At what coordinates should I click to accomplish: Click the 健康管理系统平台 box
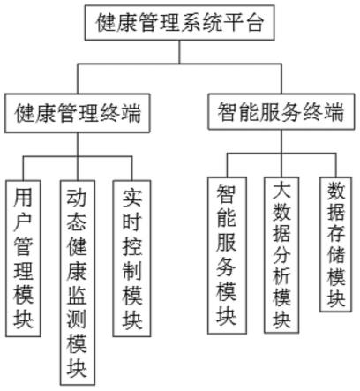coord(180,23)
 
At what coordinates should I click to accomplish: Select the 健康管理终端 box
coord(78,113)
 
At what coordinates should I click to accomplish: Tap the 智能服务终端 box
coord(281,111)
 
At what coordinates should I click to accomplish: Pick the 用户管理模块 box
coord(23,259)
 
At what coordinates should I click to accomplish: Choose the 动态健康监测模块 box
coord(78,282)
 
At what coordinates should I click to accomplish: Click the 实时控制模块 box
coord(132,259)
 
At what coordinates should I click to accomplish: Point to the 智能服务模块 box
coord(227,255)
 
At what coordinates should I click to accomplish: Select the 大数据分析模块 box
coord(281,255)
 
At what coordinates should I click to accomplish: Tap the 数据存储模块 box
coord(335,244)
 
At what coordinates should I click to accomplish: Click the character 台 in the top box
coord(254,23)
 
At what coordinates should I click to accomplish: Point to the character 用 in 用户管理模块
coord(23,197)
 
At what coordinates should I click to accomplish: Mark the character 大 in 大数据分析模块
coord(281,190)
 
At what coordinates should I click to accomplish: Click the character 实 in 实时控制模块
coord(132,198)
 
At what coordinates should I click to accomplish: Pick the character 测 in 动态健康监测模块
coord(77,320)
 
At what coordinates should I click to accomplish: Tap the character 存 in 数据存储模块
coord(335,232)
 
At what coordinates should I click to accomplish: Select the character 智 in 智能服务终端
coord(228,112)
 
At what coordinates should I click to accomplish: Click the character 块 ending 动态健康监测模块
coord(77,368)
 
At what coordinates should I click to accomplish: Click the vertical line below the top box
coord(180,52)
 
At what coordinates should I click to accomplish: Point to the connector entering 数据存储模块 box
coord(335,165)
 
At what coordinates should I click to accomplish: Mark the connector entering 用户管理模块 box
coord(23,169)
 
